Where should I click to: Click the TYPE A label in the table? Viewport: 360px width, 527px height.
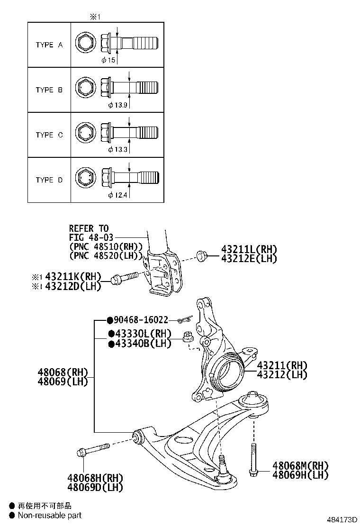[x=49, y=45]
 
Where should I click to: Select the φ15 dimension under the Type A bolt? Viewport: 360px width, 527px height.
[x=109, y=60]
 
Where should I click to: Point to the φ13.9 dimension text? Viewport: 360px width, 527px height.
[x=117, y=105]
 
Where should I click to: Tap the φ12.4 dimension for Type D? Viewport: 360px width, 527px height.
[x=117, y=195]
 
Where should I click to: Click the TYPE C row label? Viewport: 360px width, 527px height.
[x=49, y=135]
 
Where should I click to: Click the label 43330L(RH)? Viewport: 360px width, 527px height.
[x=143, y=334]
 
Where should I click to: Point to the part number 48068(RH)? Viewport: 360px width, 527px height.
[x=63, y=372]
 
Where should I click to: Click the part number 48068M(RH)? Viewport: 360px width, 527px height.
[x=300, y=466]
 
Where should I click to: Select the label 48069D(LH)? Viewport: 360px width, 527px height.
[x=95, y=487]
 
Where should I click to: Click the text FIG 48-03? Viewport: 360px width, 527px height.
[x=91, y=237]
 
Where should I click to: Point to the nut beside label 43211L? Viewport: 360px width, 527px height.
[x=201, y=256]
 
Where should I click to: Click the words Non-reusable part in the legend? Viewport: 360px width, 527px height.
[x=50, y=515]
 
